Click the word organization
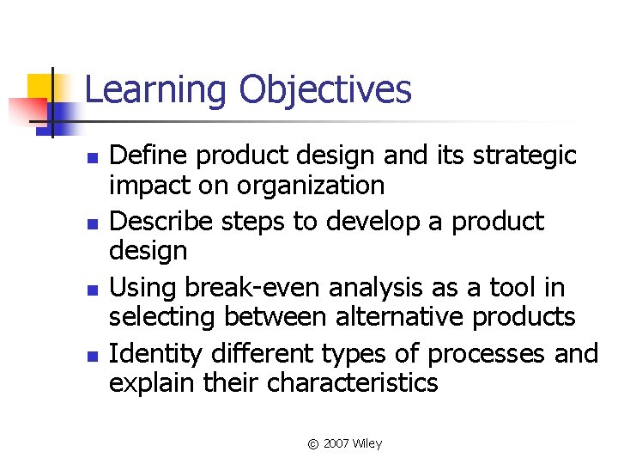(310, 186)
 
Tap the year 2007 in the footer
(337, 443)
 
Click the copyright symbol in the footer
(313, 444)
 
